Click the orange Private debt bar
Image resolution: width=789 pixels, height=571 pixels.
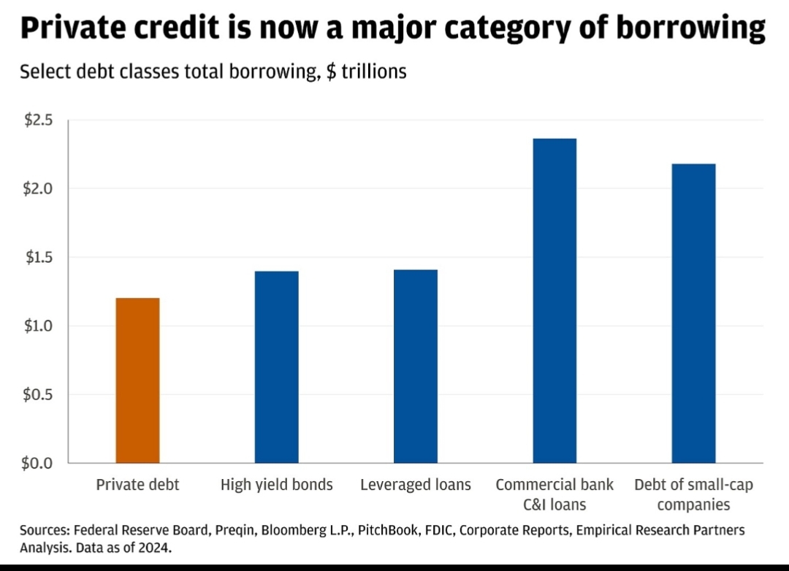[137, 380]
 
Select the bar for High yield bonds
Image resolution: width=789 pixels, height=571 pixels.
[277, 367]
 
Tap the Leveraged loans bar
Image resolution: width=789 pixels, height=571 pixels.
[416, 366]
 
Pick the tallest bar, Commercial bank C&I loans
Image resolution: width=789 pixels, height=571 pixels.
[554, 300]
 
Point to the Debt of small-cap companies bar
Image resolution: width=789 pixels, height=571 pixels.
[693, 313]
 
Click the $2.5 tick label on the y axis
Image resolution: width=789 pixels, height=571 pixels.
[39, 120]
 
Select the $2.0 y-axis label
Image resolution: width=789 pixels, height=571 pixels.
[39, 189]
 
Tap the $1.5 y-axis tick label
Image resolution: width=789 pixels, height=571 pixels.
[39, 258]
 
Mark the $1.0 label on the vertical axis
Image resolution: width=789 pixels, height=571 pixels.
[39, 326]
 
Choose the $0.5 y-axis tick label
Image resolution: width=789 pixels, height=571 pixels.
[39, 394]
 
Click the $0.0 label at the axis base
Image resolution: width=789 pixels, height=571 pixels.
[39, 463]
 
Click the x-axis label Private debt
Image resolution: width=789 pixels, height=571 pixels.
[137, 485]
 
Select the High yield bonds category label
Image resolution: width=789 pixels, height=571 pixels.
[277, 485]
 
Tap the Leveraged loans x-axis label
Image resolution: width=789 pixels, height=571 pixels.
[416, 485]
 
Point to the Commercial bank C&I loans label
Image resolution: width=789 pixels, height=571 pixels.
[554, 494]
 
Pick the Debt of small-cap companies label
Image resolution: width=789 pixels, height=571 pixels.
[693, 494]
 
